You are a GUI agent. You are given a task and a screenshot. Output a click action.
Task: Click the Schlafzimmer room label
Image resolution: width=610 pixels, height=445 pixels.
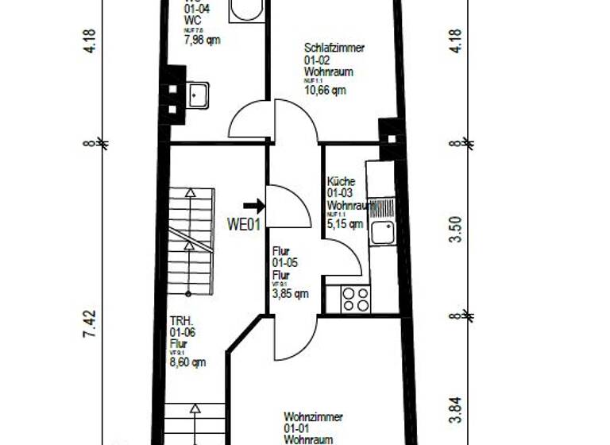pyautogui.click(x=334, y=48)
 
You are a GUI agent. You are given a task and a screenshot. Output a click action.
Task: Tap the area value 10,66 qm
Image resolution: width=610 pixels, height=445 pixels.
pyautogui.click(x=325, y=90)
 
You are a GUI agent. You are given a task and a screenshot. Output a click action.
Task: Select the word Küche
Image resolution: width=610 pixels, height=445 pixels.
pyautogui.click(x=342, y=181)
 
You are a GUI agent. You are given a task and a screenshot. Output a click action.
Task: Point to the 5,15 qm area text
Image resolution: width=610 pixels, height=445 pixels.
pyautogui.click(x=345, y=224)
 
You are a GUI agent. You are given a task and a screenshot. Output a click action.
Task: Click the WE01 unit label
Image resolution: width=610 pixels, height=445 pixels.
pyautogui.click(x=244, y=224)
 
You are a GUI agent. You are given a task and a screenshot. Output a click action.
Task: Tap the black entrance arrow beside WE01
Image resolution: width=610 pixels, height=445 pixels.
pyautogui.click(x=255, y=207)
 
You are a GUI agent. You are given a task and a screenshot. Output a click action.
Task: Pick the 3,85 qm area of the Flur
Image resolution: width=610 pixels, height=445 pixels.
pyautogui.click(x=290, y=293)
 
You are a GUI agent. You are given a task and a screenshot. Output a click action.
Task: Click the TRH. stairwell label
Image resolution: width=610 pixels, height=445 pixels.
pyautogui.click(x=180, y=322)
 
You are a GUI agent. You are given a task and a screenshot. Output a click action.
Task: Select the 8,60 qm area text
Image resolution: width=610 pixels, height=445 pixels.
pyautogui.click(x=187, y=362)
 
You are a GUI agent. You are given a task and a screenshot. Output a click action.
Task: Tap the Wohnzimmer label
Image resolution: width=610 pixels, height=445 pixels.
pyautogui.click(x=313, y=416)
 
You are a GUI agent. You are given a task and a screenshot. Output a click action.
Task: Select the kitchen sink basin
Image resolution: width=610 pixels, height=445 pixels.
pyautogui.click(x=383, y=233)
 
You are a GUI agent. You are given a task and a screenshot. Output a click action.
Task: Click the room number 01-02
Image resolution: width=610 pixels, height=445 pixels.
pyautogui.click(x=319, y=60)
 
